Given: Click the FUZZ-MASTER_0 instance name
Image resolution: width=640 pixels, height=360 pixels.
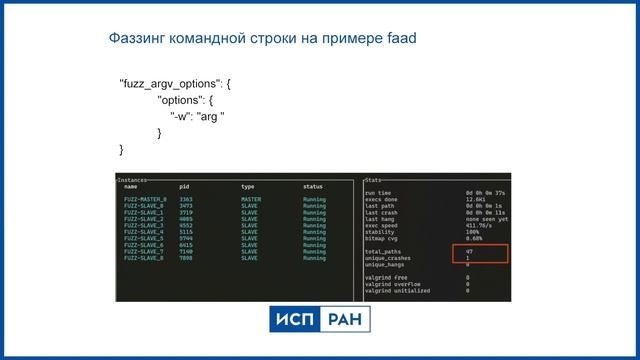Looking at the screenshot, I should [145, 199].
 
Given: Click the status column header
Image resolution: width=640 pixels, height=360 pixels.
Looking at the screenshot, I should [313, 187].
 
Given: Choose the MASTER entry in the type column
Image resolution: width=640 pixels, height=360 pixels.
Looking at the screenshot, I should [251, 199].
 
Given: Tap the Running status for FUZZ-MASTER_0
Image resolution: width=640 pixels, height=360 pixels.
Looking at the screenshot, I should [314, 199].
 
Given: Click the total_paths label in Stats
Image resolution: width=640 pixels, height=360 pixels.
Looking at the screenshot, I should [382, 251].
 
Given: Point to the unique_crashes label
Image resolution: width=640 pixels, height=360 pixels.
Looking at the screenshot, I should [387, 258].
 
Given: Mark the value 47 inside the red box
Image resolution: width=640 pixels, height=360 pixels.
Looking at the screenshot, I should [469, 251].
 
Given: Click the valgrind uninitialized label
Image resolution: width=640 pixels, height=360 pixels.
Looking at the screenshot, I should [397, 291].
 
